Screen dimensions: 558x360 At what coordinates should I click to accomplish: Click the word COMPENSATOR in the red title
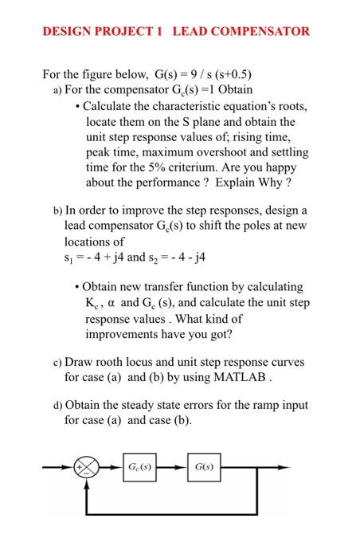pos(253,32)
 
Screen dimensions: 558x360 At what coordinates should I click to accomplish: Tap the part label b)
pos(57,211)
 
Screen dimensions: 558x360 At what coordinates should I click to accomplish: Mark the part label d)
pos(57,405)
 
